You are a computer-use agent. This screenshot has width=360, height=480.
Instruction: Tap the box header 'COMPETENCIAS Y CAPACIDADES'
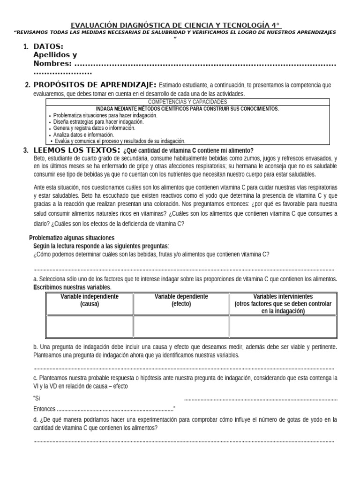[x=187, y=102]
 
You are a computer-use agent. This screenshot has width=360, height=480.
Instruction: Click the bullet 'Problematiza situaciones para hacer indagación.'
[x=105, y=115]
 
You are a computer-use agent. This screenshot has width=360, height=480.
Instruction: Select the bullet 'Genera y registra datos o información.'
[x=94, y=128]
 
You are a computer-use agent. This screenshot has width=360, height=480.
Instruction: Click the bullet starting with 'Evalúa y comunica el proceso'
[x=120, y=141]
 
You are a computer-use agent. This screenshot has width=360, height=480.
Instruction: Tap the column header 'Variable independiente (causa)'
[x=90, y=300]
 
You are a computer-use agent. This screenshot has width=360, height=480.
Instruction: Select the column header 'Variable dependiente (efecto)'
[x=181, y=300]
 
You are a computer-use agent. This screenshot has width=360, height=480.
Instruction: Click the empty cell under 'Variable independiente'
[x=90, y=326]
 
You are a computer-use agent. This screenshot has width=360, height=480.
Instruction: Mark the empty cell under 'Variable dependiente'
[x=181, y=326]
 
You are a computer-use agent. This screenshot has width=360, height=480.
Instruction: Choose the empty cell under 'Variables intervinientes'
[x=283, y=326]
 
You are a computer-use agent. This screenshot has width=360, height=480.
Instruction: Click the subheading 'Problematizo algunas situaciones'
[x=72, y=238]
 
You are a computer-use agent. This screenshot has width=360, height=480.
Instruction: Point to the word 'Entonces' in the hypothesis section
[x=45, y=409]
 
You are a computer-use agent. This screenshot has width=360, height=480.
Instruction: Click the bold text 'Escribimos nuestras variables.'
[x=72, y=287]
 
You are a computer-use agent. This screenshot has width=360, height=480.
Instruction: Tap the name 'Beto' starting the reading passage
[x=40, y=158]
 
